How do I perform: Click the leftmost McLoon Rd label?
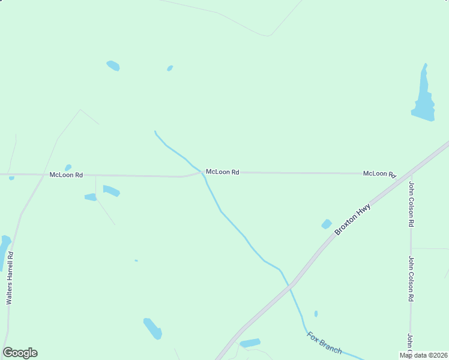66,175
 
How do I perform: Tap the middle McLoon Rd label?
222,172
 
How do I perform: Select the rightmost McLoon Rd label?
380,173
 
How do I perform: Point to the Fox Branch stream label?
324,343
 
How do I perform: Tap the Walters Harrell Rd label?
10,278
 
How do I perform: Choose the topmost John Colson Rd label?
411,204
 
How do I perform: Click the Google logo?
20,353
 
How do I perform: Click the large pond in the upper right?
424,99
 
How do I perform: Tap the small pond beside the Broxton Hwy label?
326,224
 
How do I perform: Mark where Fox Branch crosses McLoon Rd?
203,172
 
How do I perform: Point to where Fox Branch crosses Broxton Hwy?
291,287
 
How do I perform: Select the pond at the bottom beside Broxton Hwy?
250,343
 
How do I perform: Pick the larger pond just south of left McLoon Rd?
111,191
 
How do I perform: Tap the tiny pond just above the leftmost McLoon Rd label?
68,167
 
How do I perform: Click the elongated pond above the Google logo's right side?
152,328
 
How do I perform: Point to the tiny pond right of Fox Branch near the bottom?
316,313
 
